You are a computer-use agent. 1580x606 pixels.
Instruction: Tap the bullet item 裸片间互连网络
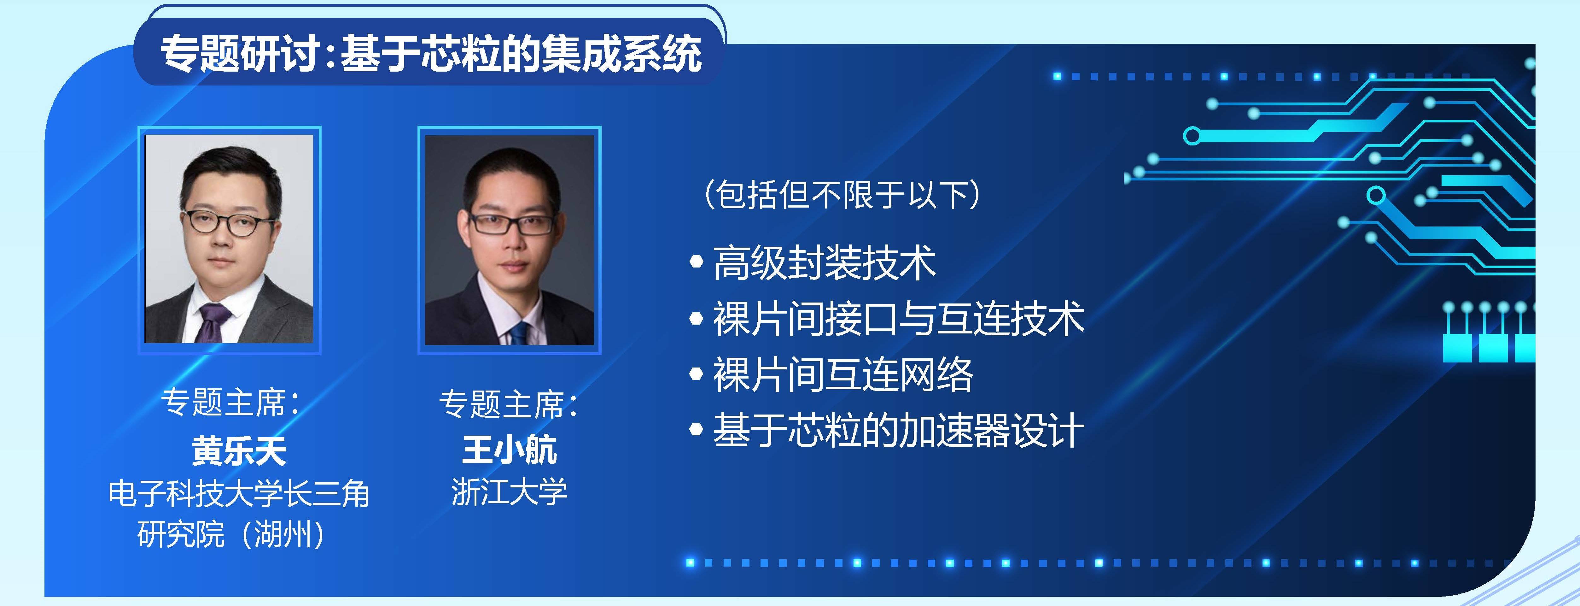point(842,374)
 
